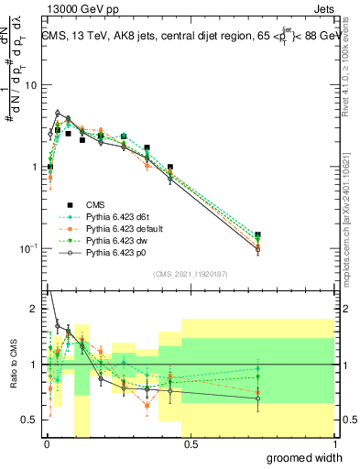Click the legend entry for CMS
[95, 205]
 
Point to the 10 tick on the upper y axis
[30, 85]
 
